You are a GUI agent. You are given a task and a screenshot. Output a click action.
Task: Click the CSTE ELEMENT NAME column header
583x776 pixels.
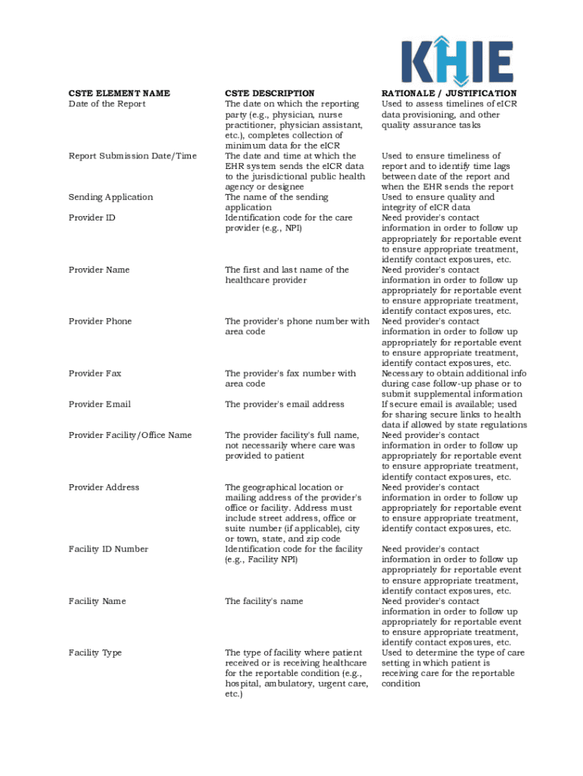(119, 93)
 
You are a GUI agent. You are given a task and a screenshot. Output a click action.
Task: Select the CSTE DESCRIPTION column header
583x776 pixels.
(270, 93)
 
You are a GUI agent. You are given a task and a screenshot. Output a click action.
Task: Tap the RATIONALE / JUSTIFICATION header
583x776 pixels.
(449, 93)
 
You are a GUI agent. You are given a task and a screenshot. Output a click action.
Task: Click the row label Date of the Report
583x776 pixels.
(107, 104)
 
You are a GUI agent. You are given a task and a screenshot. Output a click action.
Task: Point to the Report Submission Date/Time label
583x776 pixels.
(132, 156)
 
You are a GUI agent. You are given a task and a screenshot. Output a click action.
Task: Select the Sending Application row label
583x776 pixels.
(111, 197)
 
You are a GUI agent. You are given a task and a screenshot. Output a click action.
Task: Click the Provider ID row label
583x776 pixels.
(92, 218)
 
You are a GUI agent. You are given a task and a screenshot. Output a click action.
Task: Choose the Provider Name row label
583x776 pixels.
(99, 270)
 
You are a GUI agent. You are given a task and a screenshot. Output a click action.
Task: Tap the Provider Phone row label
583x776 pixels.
(100, 321)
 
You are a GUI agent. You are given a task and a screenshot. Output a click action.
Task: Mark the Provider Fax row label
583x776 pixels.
(95, 374)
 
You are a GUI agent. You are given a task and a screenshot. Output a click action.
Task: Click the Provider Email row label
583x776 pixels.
(99, 405)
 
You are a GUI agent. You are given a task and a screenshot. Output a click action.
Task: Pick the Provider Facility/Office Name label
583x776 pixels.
(129, 436)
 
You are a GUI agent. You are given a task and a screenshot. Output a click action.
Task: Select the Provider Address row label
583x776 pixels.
(104, 487)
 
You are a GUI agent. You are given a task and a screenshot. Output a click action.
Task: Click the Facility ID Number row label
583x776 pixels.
(108, 549)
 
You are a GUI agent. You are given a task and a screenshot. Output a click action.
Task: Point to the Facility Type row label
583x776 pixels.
(95, 652)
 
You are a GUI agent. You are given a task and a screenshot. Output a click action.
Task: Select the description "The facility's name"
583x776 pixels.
(263, 601)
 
